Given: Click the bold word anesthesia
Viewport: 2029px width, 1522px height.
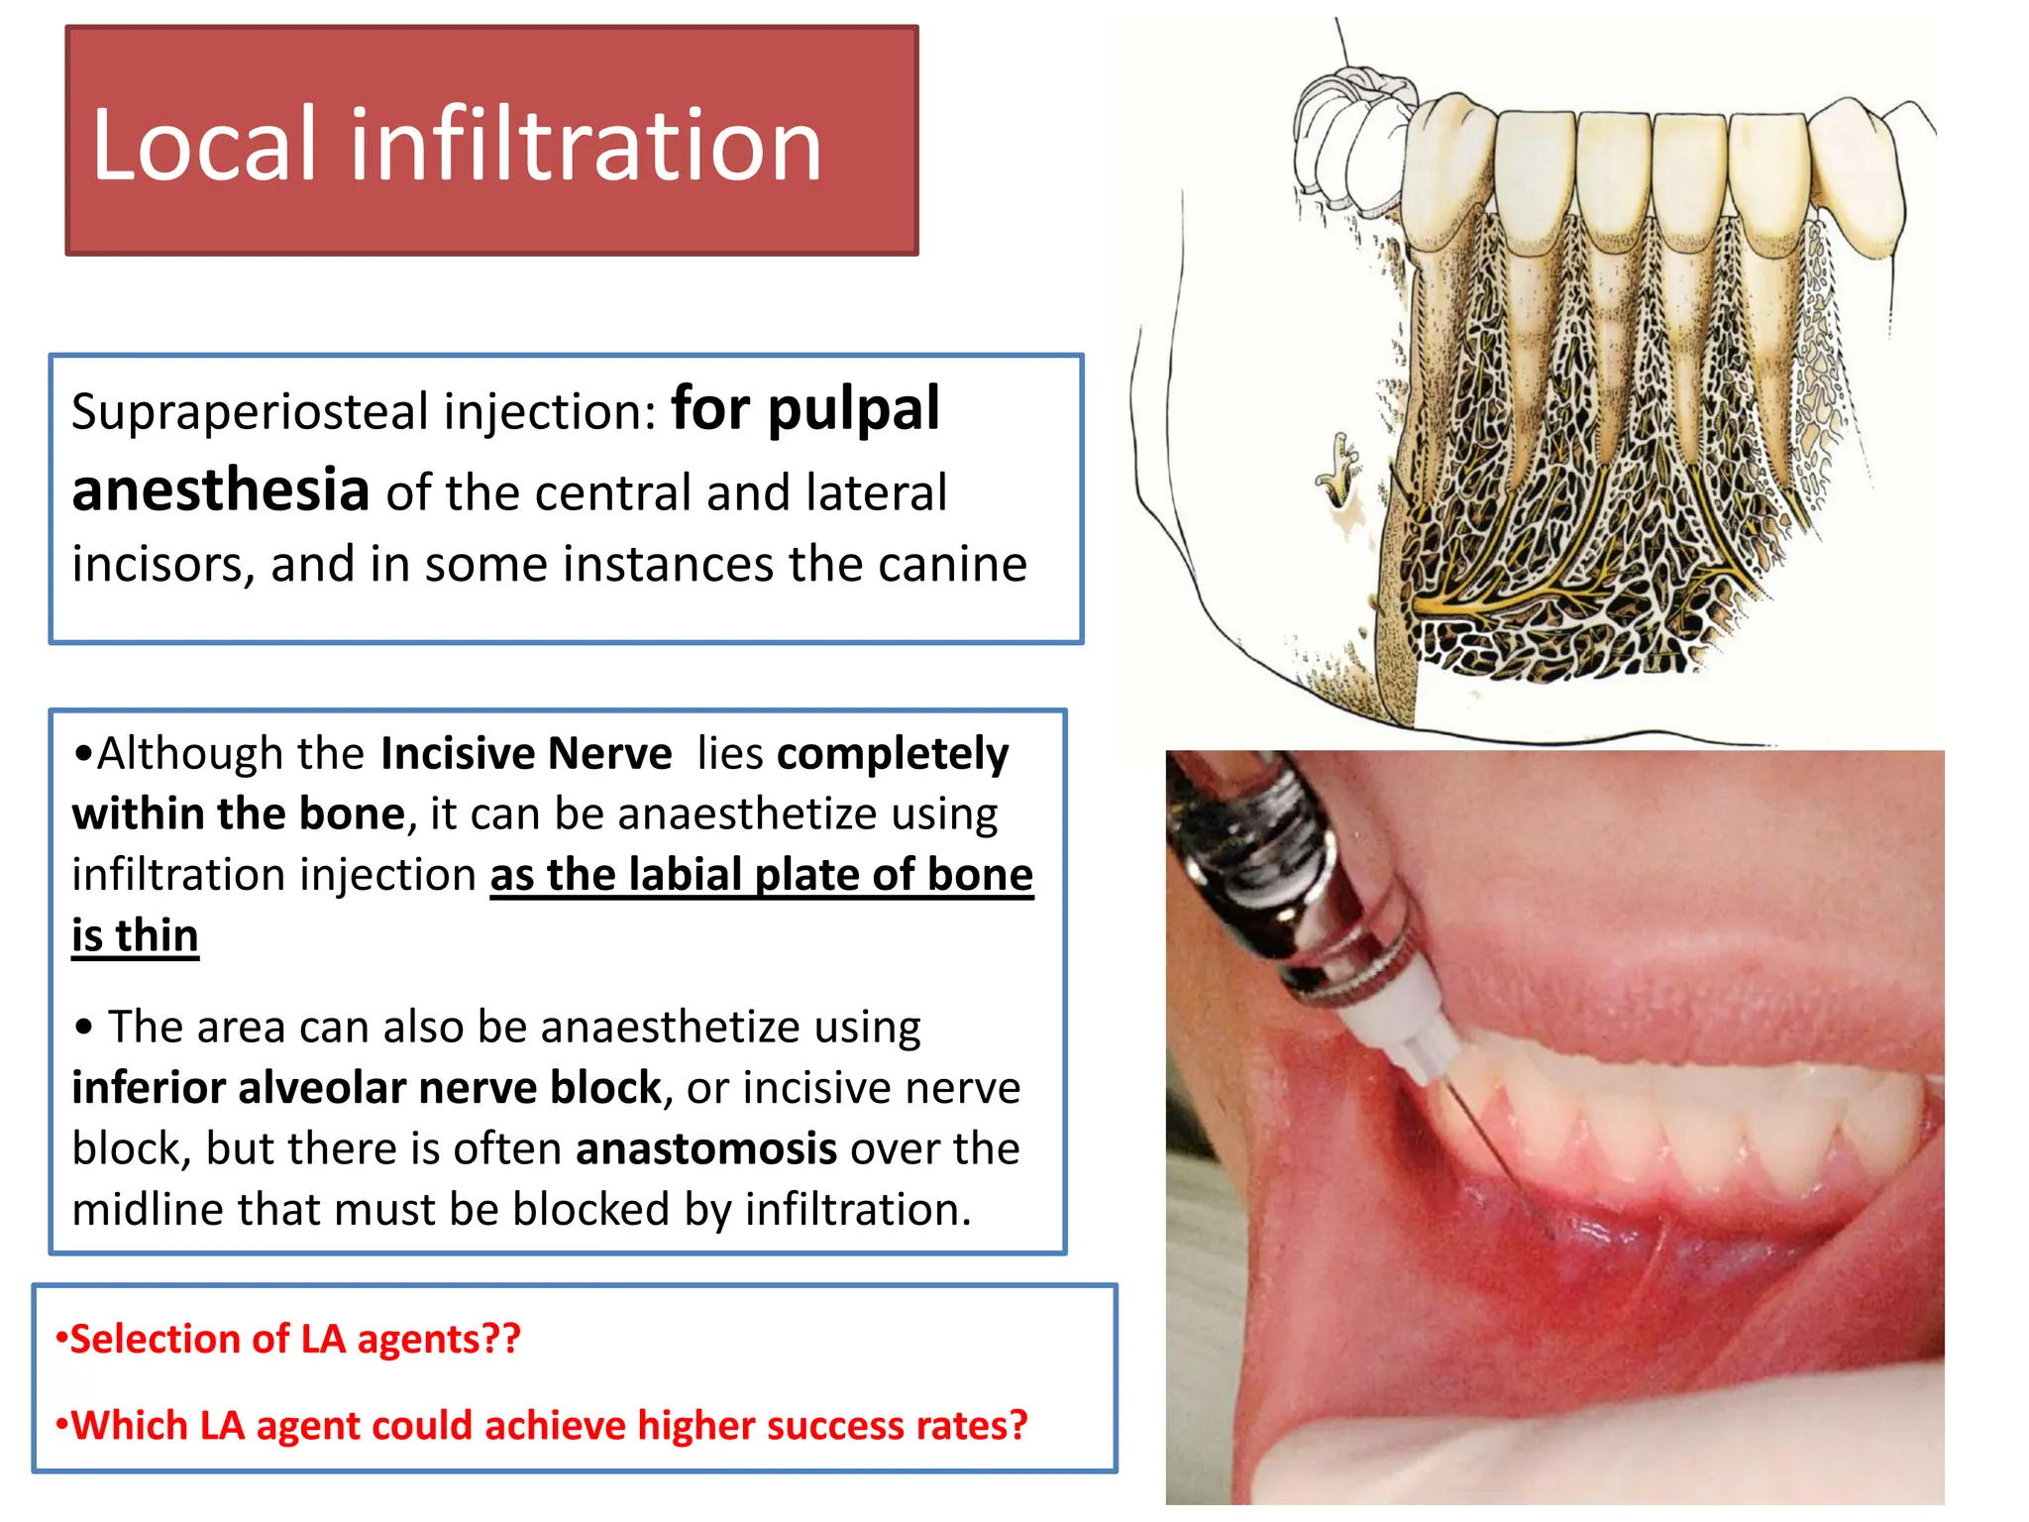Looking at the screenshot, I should pos(221,490).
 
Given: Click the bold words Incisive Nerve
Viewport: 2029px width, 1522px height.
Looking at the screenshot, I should pos(526,754).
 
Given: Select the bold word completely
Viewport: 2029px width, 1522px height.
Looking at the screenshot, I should pos(893,754).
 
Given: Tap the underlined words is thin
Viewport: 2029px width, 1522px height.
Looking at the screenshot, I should pos(136,936).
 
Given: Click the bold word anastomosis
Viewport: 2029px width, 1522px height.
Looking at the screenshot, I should pos(706,1149).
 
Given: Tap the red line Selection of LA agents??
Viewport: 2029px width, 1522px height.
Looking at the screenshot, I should pos(288,1340).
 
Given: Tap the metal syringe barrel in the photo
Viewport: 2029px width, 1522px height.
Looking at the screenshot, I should pos(1288,872).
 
